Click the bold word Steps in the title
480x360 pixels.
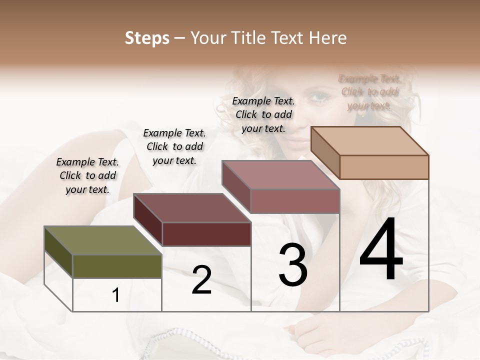coord(147,38)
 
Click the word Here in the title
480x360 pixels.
coord(328,38)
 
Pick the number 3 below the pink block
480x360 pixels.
coord(292,264)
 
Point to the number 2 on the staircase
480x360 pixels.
coord(201,280)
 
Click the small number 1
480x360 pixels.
coord(116,295)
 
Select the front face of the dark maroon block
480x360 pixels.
coord(206,234)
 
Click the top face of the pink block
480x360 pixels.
coord(280,175)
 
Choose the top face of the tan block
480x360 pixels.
coord(369,141)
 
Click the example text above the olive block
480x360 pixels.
coord(87,175)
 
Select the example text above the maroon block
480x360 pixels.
coord(174,146)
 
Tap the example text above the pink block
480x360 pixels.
coord(263,114)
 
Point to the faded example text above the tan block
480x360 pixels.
coord(369,92)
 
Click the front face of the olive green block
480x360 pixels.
coord(117,266)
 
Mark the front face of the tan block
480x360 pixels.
coord(384,167)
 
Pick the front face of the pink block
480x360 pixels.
coord(295,201)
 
